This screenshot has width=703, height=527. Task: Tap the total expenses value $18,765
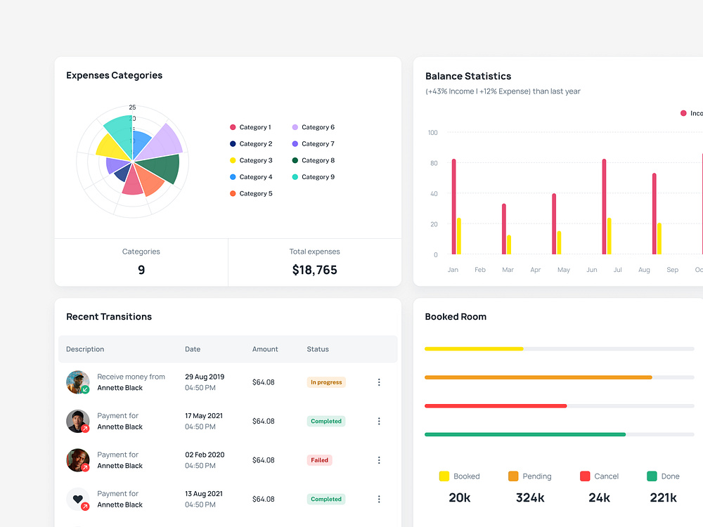(314, 270)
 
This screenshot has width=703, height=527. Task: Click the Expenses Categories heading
(114, 75)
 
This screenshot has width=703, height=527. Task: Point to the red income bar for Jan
(453, 207)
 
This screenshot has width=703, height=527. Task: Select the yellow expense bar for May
(559, 242)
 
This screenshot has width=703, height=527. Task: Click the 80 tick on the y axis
(433, 163)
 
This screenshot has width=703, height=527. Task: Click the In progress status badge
(326, 382)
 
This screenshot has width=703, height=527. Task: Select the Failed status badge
(319, 460)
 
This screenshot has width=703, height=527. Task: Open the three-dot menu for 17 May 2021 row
(379, 421)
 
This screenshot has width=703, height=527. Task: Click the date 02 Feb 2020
(205, 455)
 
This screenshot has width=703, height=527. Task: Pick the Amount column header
(265, 349)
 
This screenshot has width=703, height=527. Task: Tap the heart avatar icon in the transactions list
(77, 499)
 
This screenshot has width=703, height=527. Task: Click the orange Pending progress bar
(538, 377)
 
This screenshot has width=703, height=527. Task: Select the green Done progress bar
(524, 434)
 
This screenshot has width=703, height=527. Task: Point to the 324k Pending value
(529, 497)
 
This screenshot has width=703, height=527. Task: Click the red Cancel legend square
(585, 476)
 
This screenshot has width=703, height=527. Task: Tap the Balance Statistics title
(467, 76)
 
